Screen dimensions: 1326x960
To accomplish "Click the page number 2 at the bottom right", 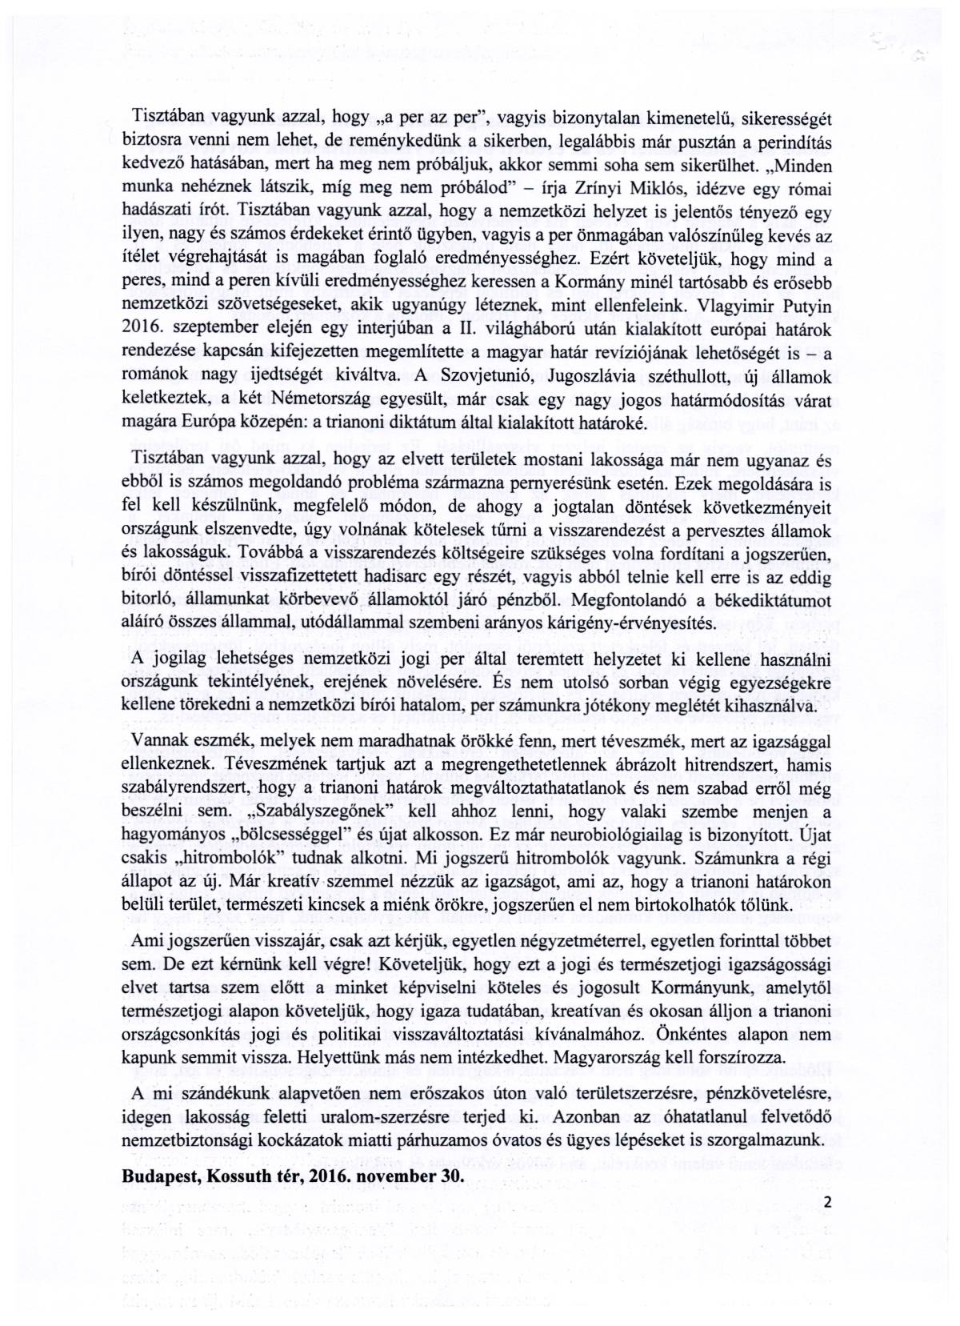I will coord(827,1201).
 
